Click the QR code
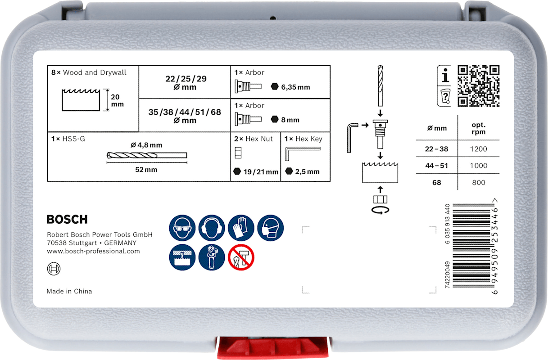tap(479, 86)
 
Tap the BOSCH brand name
tap(67, 220)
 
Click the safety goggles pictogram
tap(182, 228)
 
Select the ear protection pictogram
tap(212, 228)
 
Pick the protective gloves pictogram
tap(241, 228)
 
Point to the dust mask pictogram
tap(270, 228)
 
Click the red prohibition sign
tap(241, 257)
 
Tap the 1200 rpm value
tap(479, 149)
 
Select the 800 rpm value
tap(479, 182)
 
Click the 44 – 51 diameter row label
tap(437, 166)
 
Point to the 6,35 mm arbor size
tap(295, 87)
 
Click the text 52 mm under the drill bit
tap(146, 170)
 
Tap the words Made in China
tap(69, 291)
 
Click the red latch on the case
tap(273, 347)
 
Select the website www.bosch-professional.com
tap(93, 251)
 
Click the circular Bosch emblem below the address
tap(54, 269)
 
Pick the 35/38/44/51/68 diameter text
tap(185, 112)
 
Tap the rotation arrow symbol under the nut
tap(380, 210)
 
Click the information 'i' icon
tap(444, 75)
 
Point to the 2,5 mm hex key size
tap(307, 171)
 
